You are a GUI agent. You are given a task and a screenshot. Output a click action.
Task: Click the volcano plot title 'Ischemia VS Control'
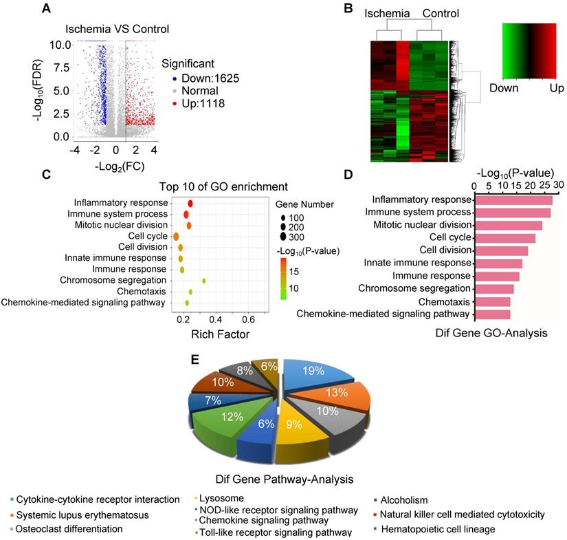pyautogui.click(x=117, y=29)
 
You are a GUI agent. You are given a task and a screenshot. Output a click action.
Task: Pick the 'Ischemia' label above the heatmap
pyautogui.click(x=386, y=13)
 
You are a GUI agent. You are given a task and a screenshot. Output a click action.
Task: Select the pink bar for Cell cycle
pyautogui.click(x=504, y=238)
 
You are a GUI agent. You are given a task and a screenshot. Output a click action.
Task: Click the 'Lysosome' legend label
pyautogui.click(x=219, y=499)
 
